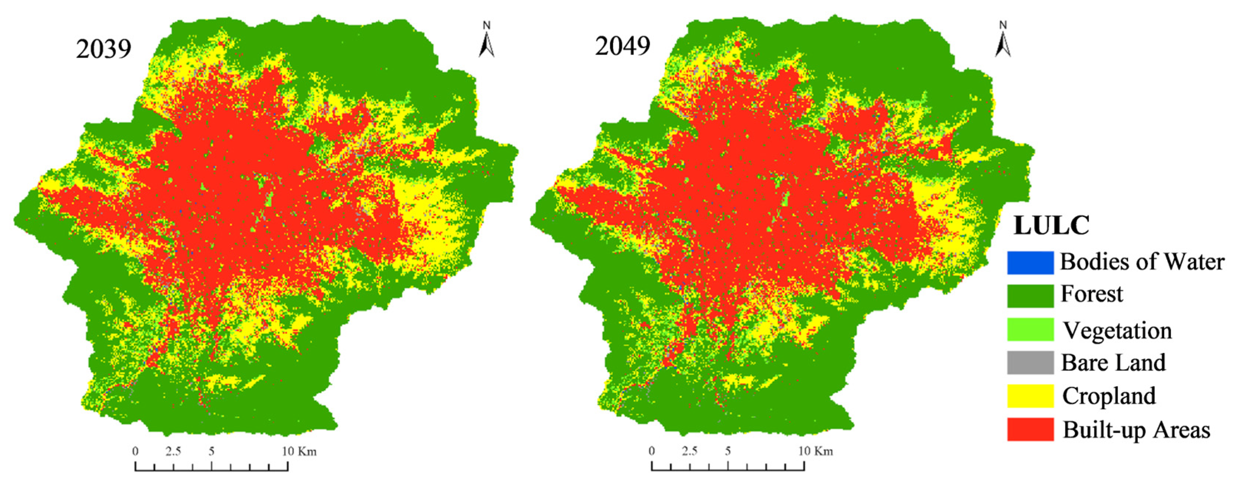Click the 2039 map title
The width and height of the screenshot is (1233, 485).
pyautogui.click(x=103, y=49)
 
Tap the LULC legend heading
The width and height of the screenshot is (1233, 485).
pyautogui.click(x=1051, y=225)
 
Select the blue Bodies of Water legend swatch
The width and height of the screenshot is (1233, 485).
pyautogui.click(x=1030, y=262)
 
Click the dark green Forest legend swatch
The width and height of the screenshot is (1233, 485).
pyautogui.click(x=1030, y=296)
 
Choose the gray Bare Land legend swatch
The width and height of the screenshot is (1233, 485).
pyautogui.click(x=1030, y=362)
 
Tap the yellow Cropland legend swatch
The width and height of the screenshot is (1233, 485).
pyautogui.click(x=1030, y=396)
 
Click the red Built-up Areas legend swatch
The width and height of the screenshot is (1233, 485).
pyautogui.click(x=1030, y=429)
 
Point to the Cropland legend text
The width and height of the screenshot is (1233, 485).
pyautogui.click(x=1109, y=396)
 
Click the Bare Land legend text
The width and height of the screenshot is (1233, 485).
pyautogui.click(x=1113, y=362)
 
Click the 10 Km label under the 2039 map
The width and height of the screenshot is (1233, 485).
pyautogui.click(x=299, y=451)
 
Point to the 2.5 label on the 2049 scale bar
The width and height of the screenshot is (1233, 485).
pyautogui.click(x=689, y=451)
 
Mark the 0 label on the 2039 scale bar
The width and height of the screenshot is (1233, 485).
pyautogui.click(x=136, y=451)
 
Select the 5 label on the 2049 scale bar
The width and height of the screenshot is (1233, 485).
pyautogui.click(x=727, y=451)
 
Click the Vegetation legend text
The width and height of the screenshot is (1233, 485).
pyautogui.click(x=1117, y=330)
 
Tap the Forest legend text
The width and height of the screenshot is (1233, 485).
pyautogui.click(x=1091, y=294)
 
